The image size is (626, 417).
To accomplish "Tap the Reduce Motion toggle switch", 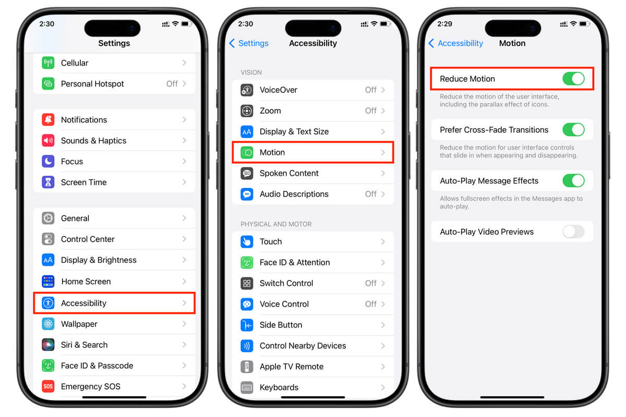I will coord(573,79).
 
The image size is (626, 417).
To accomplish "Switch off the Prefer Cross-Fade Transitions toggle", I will coord(573,130).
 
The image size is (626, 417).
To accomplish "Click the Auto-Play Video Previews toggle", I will coord(573,232).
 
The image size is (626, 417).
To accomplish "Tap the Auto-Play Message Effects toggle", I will coord(573,181).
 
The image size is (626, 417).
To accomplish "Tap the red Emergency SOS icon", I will coord(48,387).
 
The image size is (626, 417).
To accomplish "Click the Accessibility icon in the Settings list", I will coord(48,303).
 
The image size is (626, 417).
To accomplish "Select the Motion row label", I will coord(272,152).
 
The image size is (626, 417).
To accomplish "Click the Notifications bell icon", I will coord(48,120).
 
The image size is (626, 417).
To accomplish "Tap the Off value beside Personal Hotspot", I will coord(172,83).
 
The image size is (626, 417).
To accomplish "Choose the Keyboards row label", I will coord(279,387).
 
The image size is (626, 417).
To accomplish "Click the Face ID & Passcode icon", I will coord(48,365).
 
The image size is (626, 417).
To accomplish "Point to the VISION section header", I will coord(251,72).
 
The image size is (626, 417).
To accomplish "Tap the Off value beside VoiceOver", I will coord(371,90).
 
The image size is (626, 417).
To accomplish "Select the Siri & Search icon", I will coord(48,345).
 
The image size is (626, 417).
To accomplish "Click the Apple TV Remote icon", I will coord(247,366).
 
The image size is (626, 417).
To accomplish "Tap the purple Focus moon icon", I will coord(48,162).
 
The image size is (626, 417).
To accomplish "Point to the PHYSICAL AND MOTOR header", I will coord(276,224).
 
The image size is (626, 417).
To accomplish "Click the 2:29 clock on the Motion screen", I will coord(445,24).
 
